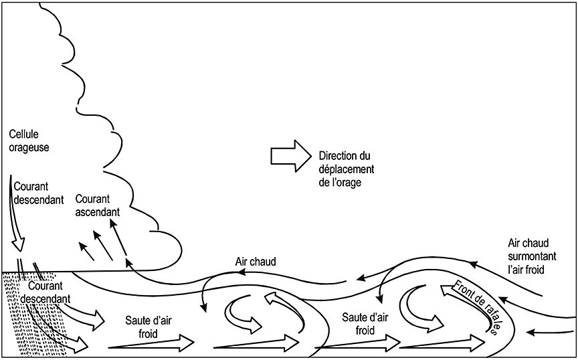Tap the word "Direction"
point(338,156)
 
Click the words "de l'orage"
point(340,181)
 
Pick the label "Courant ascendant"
point(98,205)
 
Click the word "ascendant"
point(98,212)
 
